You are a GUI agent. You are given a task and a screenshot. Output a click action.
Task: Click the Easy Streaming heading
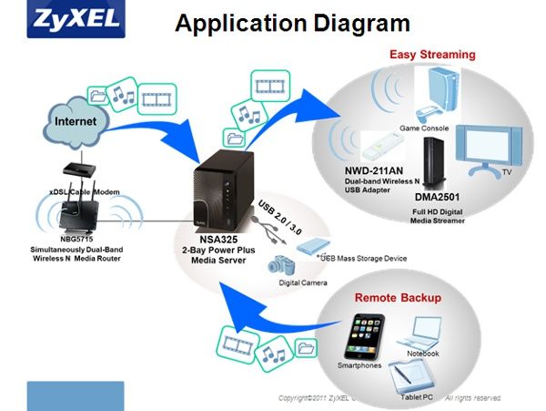pyautogui.click(x=432, y=55)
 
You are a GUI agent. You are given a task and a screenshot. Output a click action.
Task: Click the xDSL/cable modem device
pyautogui.click(x=76, y=170)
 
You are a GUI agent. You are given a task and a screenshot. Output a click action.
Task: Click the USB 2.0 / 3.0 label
pyautogui.click(x=278, y=213)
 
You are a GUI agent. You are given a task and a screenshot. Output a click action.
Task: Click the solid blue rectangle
pyautogui.click(x=75, y=396)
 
